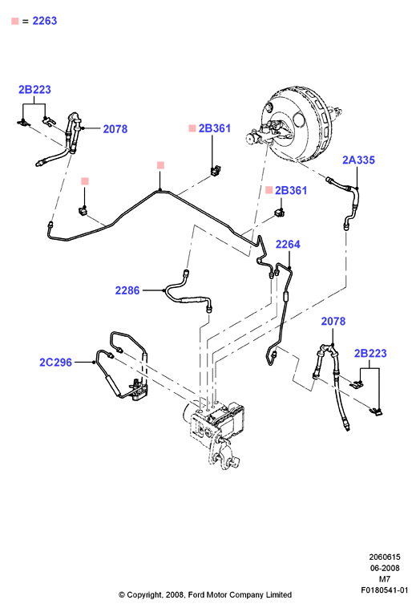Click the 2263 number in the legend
44,21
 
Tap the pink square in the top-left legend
14,21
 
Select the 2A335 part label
358,160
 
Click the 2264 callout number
288,245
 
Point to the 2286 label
127,290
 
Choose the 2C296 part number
56,363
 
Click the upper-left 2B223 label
34,90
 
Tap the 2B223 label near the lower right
370,353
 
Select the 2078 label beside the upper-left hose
115,129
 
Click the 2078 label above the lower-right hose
333,321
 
